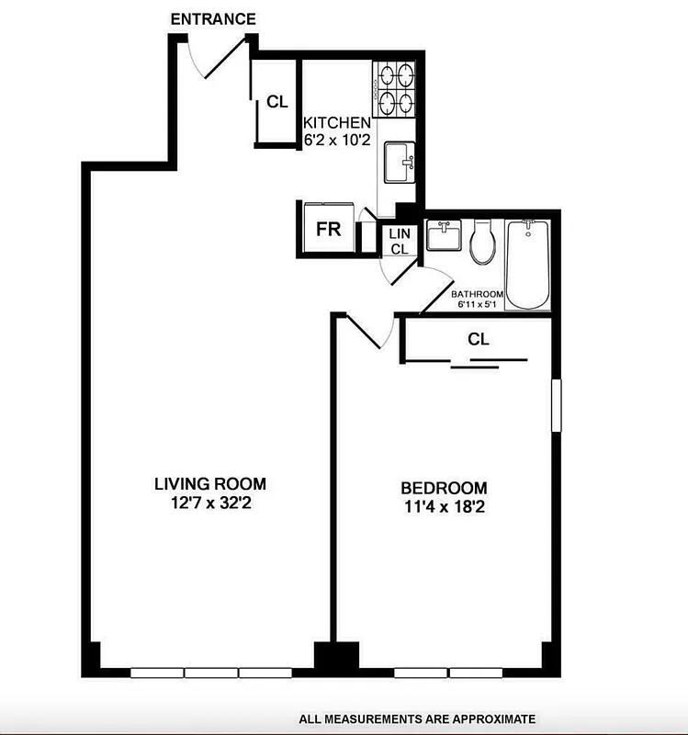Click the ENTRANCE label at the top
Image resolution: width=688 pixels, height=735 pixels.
213,19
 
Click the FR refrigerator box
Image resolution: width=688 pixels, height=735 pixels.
328,229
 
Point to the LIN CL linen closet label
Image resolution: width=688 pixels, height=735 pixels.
399,242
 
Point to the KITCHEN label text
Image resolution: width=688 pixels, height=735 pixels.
337,123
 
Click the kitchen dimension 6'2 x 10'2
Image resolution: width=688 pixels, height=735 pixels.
337,140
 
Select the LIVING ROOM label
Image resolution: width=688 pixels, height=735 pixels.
209,484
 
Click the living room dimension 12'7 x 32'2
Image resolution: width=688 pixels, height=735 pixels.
209,502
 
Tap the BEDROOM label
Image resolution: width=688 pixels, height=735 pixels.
444,488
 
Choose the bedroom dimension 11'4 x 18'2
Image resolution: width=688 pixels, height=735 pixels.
444,505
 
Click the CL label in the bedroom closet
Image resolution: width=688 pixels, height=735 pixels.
478,339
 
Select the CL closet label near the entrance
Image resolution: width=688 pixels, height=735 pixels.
276,102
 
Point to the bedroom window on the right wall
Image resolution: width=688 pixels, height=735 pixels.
554,404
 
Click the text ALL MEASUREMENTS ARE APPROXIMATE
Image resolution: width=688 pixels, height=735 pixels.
415,718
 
